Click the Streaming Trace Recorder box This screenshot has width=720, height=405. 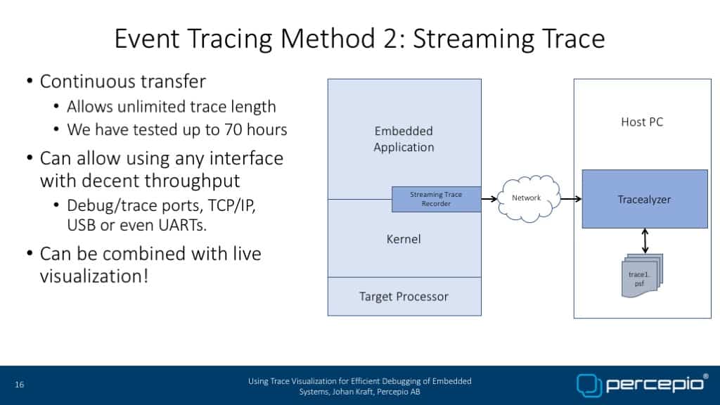[x=436, y=199]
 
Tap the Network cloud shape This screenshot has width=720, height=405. [x=529, y=198]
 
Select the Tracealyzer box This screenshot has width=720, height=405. [x=645, y=199]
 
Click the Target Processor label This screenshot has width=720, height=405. [x=404, y=297]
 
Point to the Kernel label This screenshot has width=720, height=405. [x=404, y=239]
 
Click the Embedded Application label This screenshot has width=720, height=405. [x=404, y=139]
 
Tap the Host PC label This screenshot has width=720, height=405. [x=642, y=122]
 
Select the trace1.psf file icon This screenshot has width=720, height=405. [x=642, y=276]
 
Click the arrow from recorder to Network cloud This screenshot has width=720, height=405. [x=489, y=199]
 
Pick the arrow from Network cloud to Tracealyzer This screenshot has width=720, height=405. [x=571, y=199]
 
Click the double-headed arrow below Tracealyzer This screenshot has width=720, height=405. [x=645, y=241]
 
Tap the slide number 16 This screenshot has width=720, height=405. [x=19, y=385]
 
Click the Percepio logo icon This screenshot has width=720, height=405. [x=589, y=385]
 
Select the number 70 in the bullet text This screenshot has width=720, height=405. [x=233, y=129]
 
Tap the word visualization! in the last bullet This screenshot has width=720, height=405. [x=94, y=276]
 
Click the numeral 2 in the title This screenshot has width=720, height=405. [x=390, y=39]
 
